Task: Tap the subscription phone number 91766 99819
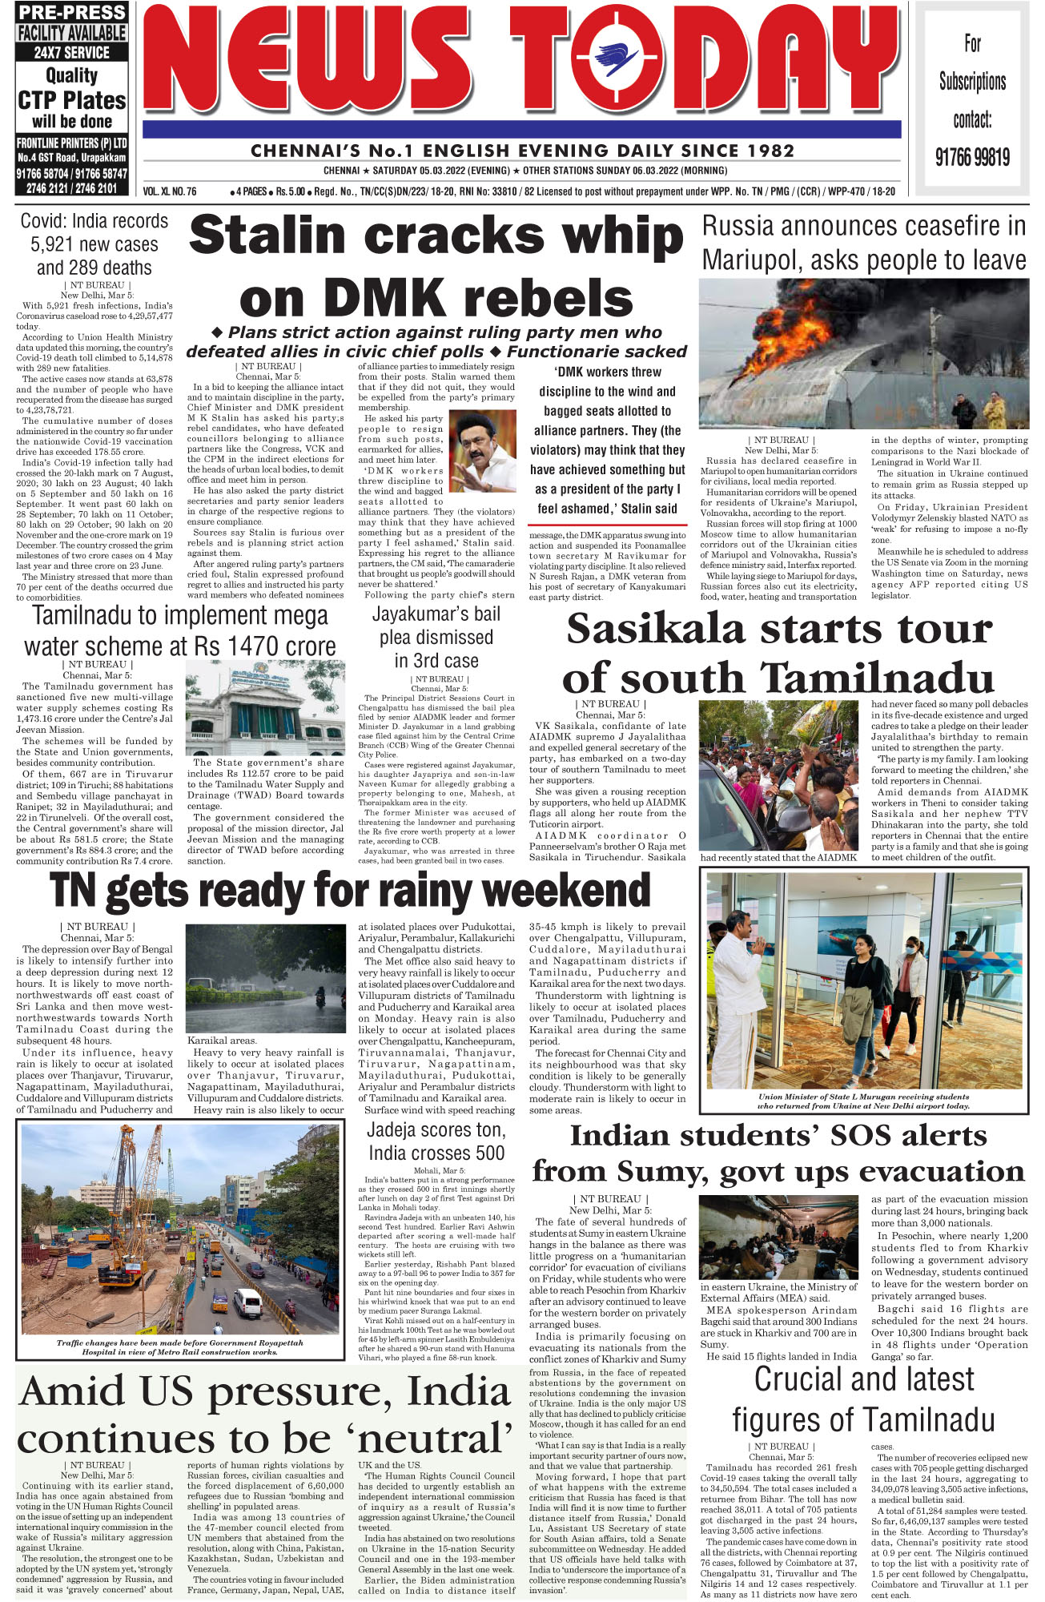click(972, 156)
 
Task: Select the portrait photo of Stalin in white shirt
click(482, 451)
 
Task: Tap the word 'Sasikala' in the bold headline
click(655, 629)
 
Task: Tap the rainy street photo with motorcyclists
click(265, 980)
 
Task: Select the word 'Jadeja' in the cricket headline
click(396, 1130)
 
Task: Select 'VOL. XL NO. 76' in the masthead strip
click(170, 192)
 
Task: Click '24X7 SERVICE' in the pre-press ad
click(72, 53)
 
